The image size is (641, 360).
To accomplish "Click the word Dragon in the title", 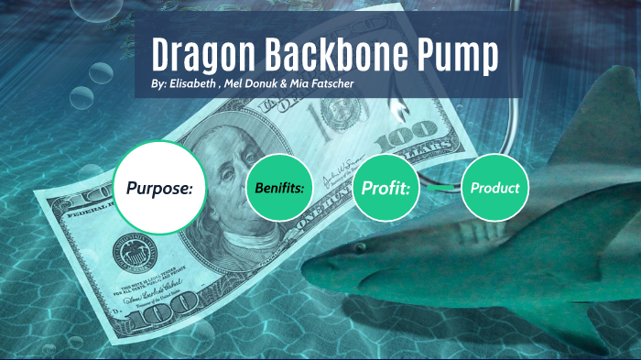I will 199,56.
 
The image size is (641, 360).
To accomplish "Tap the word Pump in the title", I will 459,56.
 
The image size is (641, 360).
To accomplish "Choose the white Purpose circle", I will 159,189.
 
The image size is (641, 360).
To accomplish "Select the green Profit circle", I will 386,189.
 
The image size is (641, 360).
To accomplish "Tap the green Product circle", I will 494,188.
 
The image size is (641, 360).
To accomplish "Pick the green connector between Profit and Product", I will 440,188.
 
